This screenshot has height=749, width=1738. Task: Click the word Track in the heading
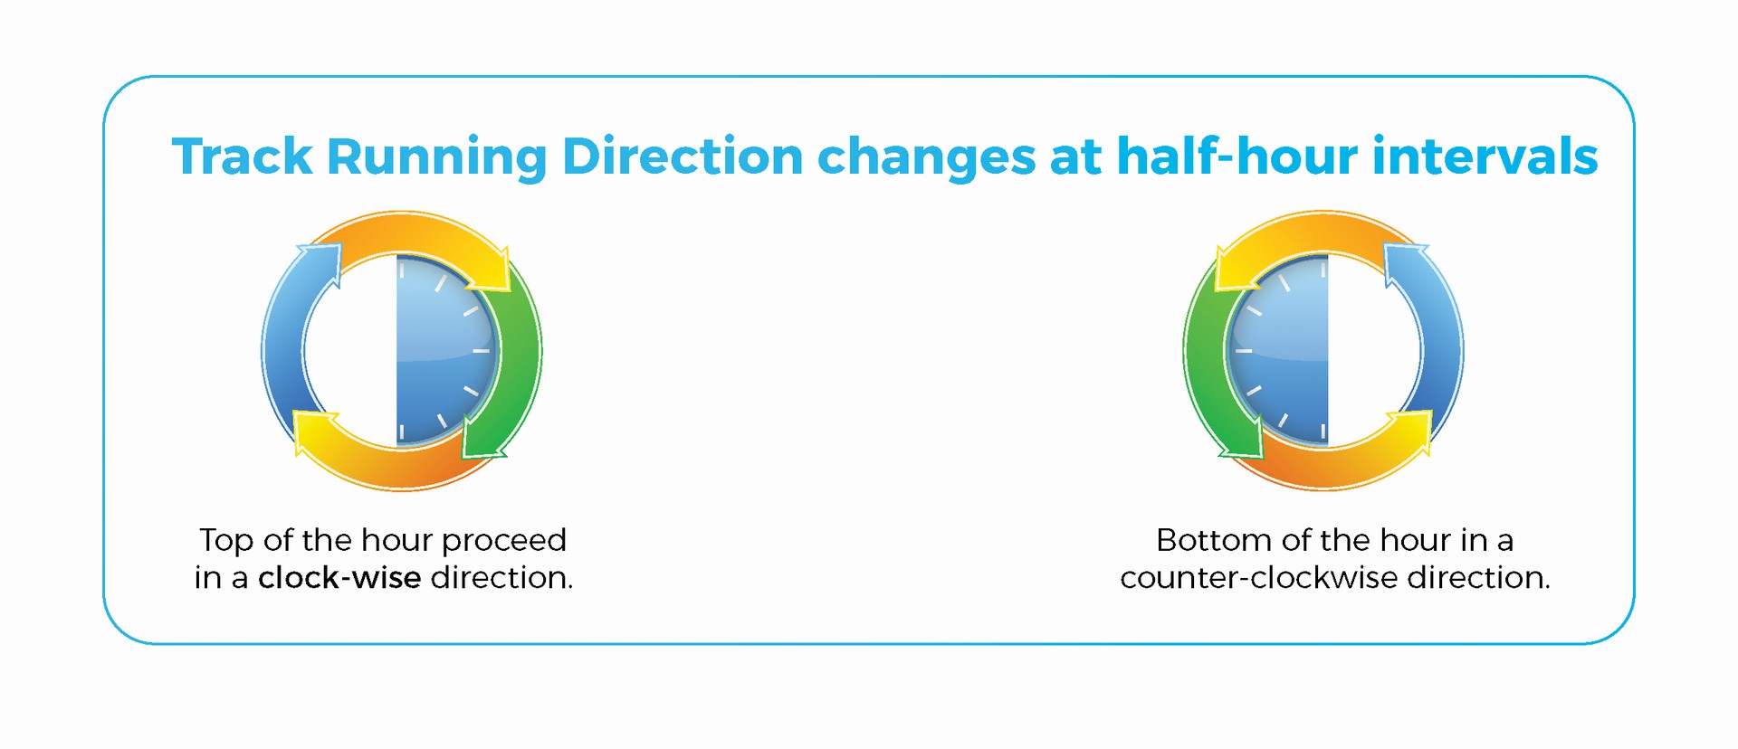coord(242,156)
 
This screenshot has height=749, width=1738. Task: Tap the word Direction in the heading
coord(683,156)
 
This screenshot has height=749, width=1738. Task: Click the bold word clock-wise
coord(339,577)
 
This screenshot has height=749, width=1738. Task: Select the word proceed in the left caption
coord(504,541)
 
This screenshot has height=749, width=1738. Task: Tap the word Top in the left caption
coord(226,541)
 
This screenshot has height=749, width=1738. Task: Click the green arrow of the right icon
coord(1204,362)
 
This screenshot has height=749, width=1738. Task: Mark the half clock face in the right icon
coord(1277,350)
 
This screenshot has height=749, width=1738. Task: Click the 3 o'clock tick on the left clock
coord(481,350)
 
